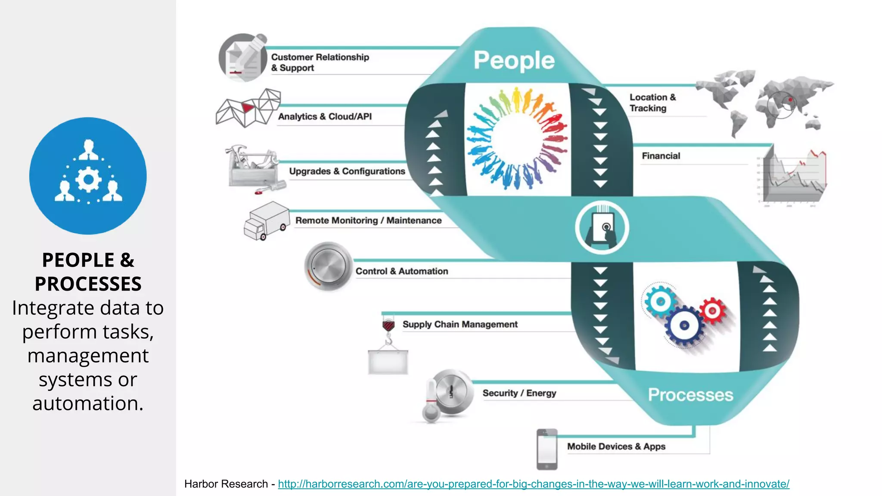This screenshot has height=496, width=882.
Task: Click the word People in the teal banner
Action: (x=514, y=60)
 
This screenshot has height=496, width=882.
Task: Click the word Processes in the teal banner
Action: (x=690, y=395)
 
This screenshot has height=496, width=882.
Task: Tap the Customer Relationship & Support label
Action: (x=320, y=62)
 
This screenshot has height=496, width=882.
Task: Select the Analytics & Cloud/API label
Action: (x=325, y=117)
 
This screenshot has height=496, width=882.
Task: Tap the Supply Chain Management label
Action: (x=460, y=324)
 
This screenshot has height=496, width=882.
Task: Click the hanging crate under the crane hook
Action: (x=388, y=362)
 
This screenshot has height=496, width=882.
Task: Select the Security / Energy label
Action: (x=519, y=393)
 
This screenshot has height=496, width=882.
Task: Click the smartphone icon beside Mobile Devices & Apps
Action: (x=547, y=449)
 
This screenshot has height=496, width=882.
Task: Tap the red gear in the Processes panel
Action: (x=712, y=310)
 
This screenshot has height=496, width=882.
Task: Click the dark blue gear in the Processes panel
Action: (x=684, y=325)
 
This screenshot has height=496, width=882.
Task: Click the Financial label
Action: (x=661, y=156)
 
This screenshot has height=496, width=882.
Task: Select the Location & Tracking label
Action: (x=652, y=103)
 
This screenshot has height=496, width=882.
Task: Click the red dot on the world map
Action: (x=790, y=100)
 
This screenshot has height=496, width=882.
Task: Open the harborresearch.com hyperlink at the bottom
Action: (x=533, y=484)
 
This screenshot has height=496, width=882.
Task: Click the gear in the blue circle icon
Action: (x=88, y=180)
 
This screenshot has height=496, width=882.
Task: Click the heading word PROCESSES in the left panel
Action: (x=88, y=284)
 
